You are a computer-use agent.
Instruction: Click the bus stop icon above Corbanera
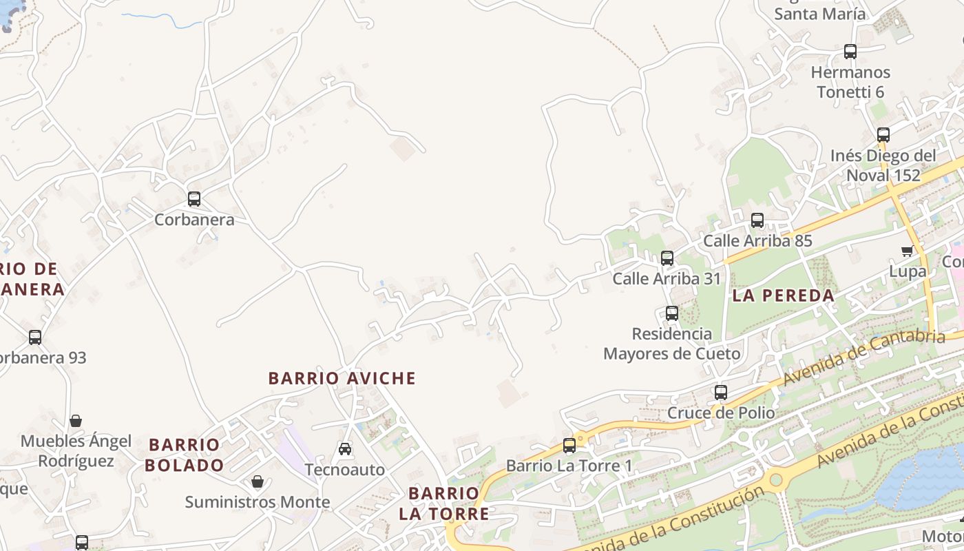click(x=194, y=199)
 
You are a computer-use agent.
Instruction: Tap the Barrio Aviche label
click(x=342, y=378)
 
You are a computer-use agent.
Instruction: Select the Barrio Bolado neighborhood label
click(x=185, y=455)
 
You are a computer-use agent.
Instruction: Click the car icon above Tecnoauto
click(x=345, y=449)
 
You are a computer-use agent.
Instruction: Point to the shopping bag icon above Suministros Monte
click(x=258, y=481)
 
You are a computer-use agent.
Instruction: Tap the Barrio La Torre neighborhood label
click(x=444, y=503)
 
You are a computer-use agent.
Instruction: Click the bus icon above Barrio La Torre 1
click(x=569, y=446)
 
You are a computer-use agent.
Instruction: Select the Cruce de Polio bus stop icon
click(x=721, y=393)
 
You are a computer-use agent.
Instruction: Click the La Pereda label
click(x=784, y=296)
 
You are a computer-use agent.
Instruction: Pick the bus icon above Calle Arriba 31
click(x=667, y=258)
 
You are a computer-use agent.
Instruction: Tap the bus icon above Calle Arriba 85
click(x=757, y=220)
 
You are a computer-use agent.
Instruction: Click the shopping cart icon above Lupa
click(x=907, y=251)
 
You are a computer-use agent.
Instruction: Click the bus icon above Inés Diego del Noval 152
click(x=883, y=135)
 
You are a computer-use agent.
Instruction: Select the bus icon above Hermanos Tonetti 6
click(x=850, y=52)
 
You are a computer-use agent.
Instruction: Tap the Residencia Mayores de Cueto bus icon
click(x=672, y=313)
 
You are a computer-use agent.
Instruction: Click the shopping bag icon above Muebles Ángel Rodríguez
click(x=76, y=421)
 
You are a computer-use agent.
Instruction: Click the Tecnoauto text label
click(x=345, y=470)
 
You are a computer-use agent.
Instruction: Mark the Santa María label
click(x=819, y=14)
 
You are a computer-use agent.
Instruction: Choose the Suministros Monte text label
click(x=258, y=502)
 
